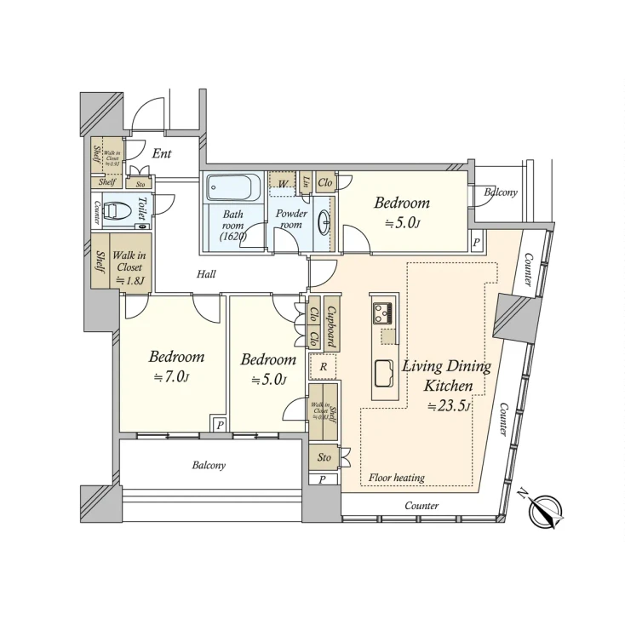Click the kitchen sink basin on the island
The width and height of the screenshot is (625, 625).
[382, 372]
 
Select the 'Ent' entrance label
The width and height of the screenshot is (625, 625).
[162, 154]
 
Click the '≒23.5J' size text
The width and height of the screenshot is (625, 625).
[449, 405]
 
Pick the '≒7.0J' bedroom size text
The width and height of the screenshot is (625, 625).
[172, 376]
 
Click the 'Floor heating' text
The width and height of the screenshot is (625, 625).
[396, 478]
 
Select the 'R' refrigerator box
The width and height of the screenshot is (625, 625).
[323, 367]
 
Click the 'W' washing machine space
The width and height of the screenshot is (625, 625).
[280, 182]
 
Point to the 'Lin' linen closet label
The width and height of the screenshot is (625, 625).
[305, 181]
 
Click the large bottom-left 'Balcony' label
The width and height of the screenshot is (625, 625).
[209, 466]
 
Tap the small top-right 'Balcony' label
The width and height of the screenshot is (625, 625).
[501, 192]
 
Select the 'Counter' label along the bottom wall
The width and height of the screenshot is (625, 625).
[421, 506]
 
